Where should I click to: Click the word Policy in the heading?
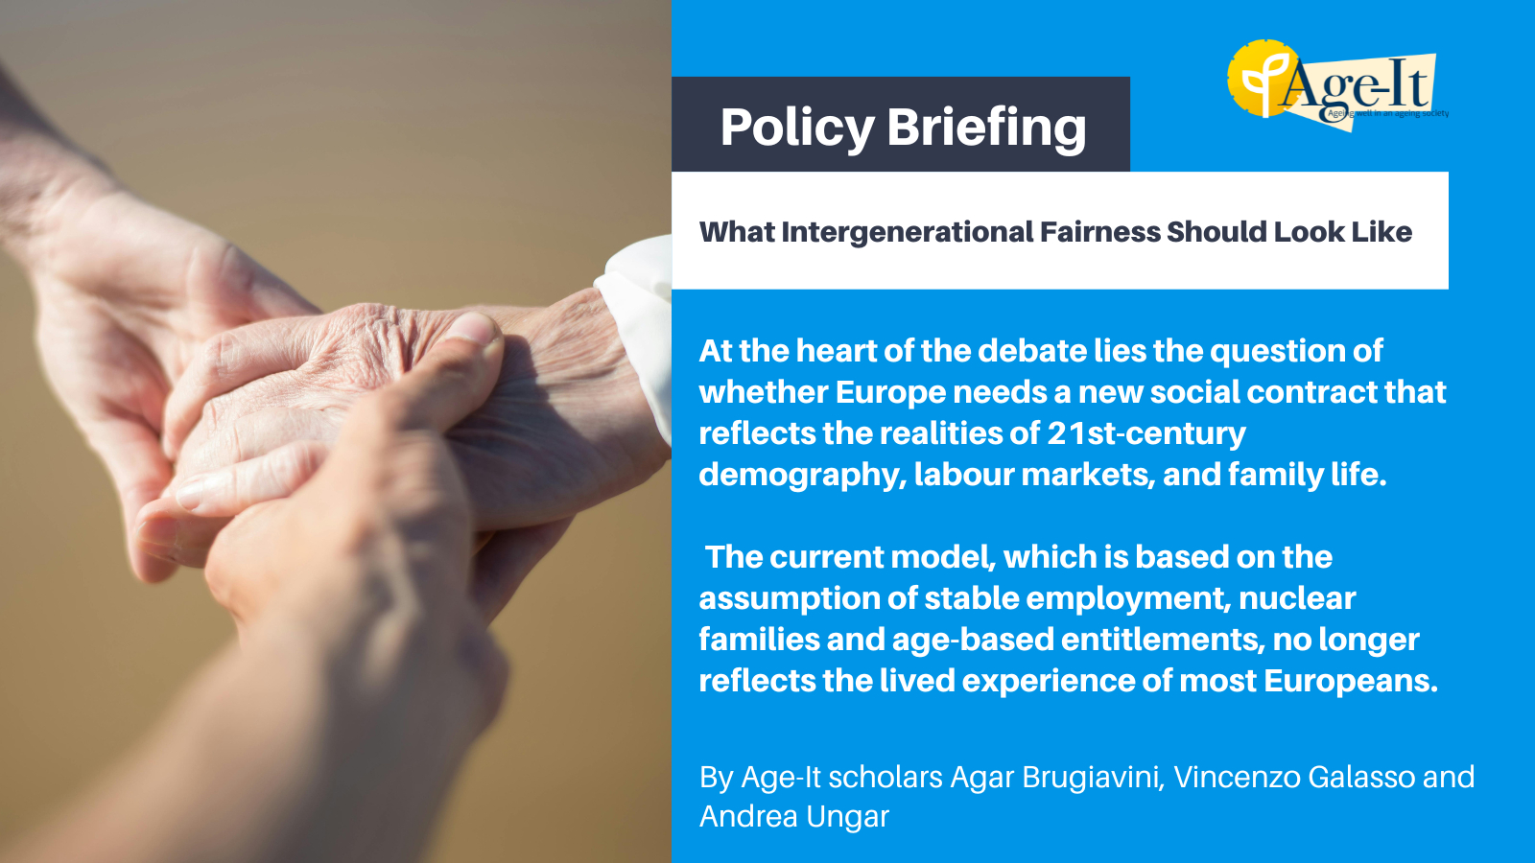(797, 128)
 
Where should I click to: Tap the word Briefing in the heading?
(987, 128)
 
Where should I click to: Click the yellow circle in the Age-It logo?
(1260, 79)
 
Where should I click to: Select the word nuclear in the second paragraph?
(1297, 598)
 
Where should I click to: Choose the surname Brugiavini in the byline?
(1093, 778)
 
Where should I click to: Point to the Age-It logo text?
(1354, 84)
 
